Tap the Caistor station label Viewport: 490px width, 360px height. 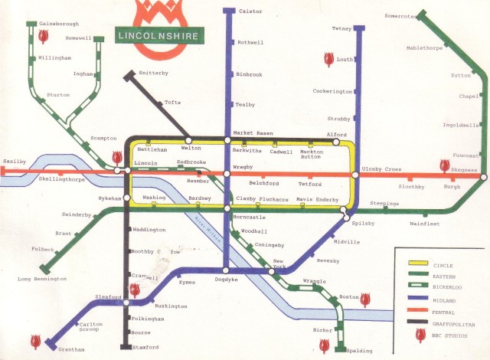[250, 11]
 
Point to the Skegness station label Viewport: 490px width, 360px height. [464, 170]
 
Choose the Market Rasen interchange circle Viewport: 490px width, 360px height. [227, 140]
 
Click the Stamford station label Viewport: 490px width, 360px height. [145, 347]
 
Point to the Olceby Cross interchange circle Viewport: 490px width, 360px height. [355, 175]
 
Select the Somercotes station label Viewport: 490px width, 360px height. [401, 16]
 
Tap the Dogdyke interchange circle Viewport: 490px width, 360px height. [227, 270]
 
